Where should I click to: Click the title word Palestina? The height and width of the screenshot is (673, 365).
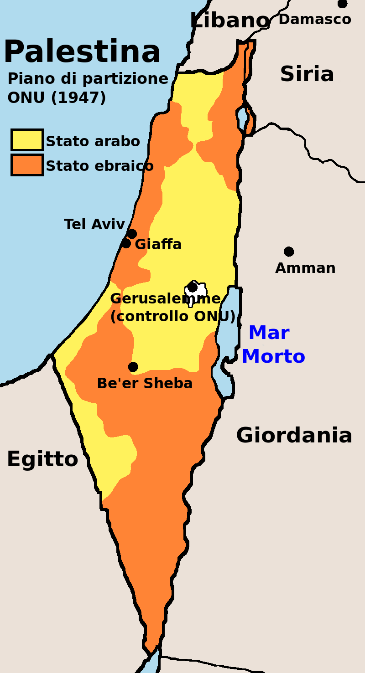82,51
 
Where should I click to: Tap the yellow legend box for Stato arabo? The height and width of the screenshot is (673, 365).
27,140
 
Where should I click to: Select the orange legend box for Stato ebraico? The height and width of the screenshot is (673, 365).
27,164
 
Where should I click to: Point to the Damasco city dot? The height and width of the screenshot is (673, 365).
342,4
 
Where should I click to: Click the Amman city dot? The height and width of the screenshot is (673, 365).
289,252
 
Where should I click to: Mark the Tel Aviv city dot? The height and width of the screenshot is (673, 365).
132,234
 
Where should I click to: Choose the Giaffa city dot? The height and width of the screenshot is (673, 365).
126,243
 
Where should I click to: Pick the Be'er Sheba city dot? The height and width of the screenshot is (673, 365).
133,367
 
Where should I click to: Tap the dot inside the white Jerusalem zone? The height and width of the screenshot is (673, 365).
193,288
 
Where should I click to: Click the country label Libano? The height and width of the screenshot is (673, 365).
229,21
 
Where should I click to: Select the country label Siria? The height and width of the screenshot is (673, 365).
307,74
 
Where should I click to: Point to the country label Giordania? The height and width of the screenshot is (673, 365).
294,435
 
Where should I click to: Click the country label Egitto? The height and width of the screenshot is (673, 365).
42,459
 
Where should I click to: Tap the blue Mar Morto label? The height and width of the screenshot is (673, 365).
273,344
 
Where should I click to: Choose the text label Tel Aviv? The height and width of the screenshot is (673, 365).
94,224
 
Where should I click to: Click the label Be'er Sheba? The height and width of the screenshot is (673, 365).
145,383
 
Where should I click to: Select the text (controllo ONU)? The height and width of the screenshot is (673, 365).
172,316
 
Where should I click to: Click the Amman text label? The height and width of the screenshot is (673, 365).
305,268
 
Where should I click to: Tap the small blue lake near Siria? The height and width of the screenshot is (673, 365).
242,118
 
